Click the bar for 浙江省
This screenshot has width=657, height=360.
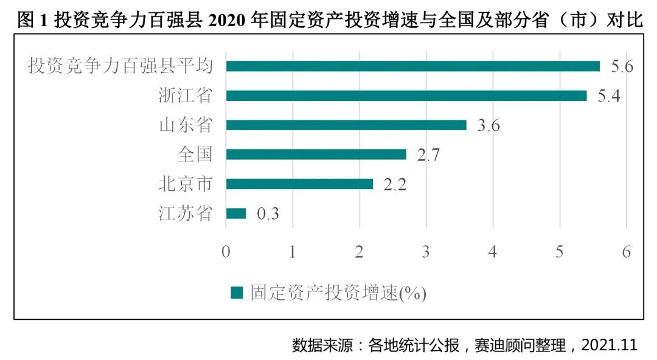406,95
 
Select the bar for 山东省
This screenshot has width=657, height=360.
346,125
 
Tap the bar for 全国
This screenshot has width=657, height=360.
316,154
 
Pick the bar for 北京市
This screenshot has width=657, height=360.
299,184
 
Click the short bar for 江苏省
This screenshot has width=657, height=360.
236,213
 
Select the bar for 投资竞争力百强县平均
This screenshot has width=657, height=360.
412,66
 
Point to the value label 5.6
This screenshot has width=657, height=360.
622,66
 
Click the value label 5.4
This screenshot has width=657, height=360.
608,96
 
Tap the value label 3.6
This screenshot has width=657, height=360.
489,125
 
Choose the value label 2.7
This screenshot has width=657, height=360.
428,155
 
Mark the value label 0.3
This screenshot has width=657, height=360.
268,214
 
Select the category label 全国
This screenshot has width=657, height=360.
195,154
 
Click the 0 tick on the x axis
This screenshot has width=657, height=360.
226,251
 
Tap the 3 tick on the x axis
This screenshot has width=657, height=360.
426,251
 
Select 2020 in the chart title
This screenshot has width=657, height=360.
229,20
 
